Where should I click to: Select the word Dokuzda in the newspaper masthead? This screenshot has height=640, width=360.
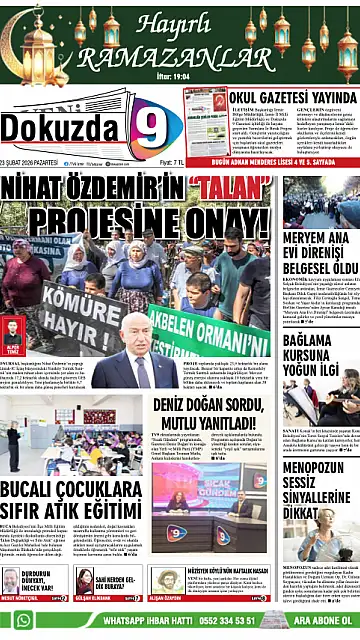[60, 126]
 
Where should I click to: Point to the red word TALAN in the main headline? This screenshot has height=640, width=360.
[228, 187]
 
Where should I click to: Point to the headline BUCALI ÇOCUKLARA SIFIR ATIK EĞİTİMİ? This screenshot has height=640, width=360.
[70, 500]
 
